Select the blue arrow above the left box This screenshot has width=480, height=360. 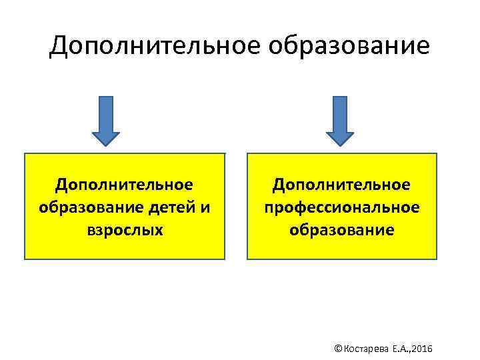(x=105, y=119)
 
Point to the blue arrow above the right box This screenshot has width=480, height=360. (x=339, y=119)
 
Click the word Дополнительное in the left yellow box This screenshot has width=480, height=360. (x=125, y=183)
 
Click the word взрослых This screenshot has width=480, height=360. (x=125, y=230)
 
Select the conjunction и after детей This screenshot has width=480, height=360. (x=205, y=207)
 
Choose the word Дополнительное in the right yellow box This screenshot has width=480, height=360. (x=342, y=183)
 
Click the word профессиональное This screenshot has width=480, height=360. (x=342, y=207)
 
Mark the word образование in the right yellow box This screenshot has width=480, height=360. (x=342, y=230)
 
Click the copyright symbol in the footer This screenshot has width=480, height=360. (x=337, y=349)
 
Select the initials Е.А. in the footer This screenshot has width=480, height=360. (x=399, y=349)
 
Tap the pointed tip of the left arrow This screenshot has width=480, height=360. (x=105, y=144)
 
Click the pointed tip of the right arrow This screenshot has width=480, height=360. (x=339, y=144)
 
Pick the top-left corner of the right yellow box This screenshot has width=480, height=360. (x=248, y=154)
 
